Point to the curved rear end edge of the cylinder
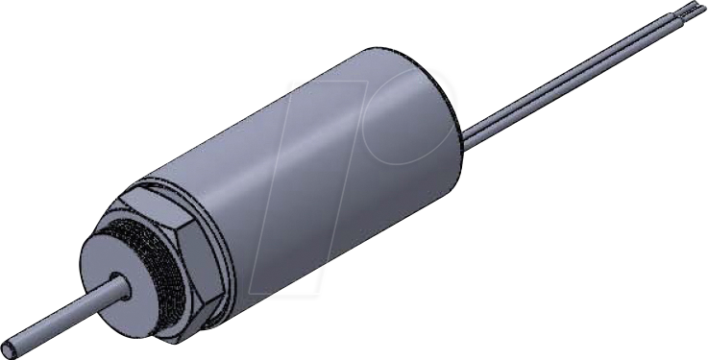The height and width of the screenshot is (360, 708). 452,115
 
